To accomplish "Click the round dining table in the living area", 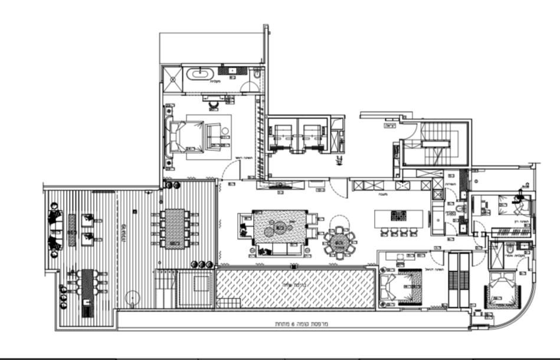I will point(340,241).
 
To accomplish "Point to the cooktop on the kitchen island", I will point(398,215).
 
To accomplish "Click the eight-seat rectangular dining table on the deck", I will point(174,228).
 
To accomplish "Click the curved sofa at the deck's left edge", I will point(54,230).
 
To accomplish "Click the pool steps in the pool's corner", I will point(228,302).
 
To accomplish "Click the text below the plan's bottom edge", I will point(302,324).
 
